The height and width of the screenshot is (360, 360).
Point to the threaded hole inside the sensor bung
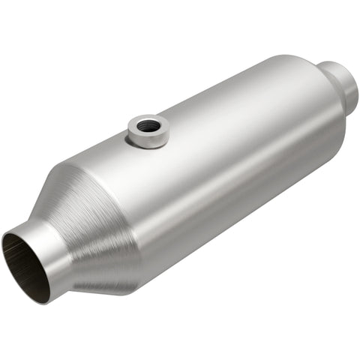pyautogui.click(x=148, y=123)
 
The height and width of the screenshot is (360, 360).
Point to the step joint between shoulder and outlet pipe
pyautogui.click(x=327, y=75)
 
